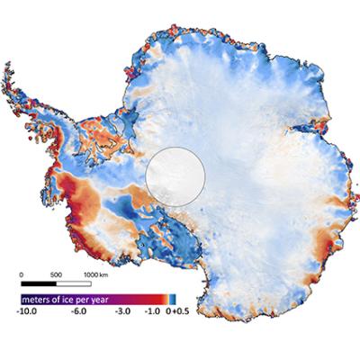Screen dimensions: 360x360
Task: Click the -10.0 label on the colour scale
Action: (24, 310)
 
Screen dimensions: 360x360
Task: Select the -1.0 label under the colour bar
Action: (154, 310)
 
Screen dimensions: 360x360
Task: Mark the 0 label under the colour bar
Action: (168, 310)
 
